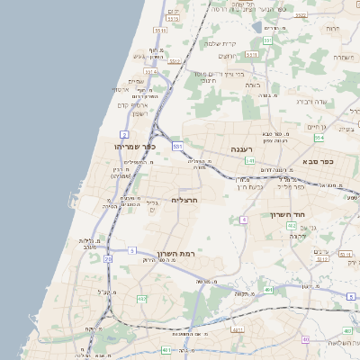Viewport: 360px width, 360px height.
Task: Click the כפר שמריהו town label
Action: [135, 147]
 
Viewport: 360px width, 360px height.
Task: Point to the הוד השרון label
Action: [288, 215]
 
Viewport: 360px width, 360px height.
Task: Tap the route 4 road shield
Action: [243, 220]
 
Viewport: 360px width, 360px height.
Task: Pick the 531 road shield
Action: [178, 145]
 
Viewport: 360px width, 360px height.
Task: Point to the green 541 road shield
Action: [249, 161]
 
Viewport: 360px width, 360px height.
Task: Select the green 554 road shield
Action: [319, 138]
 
